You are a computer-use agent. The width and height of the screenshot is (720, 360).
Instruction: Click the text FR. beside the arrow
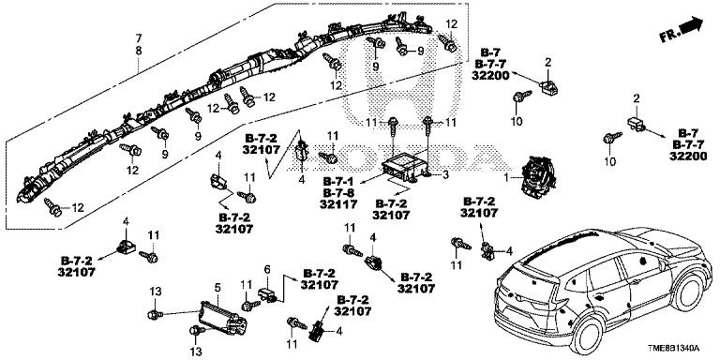click(x=668, y=36)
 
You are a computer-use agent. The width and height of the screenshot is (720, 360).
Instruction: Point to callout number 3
click(x=445, y=175)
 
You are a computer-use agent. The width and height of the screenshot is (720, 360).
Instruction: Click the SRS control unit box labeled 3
click(x=402, y=169)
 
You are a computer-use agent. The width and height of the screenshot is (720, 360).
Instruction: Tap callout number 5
click(x=217, y=288)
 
